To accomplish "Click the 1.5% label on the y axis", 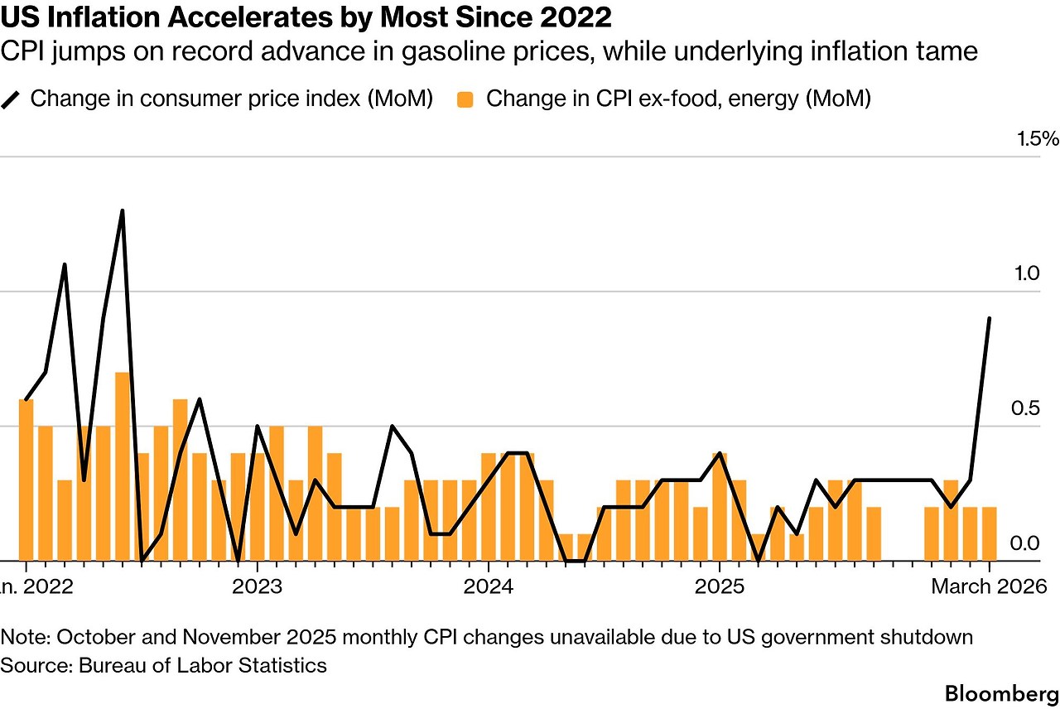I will [x=1036, y=138].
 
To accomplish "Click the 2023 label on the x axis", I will [x=257, y=587].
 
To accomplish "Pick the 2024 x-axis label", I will [x=488, y=587].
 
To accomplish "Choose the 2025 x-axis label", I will [x=719, y=587].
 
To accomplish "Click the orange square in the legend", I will [x=465, y=99].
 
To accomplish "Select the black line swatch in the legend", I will [x=11, y=99].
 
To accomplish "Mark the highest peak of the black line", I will [x=123, y=210].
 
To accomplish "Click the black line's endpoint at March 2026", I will [x=989, y=318].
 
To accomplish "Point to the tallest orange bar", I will [x=123, y=466].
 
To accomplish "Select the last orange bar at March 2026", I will [x=989, y=533].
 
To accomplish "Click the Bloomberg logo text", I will [x=1001, y=692].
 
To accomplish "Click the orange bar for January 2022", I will [x=26, y=480].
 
